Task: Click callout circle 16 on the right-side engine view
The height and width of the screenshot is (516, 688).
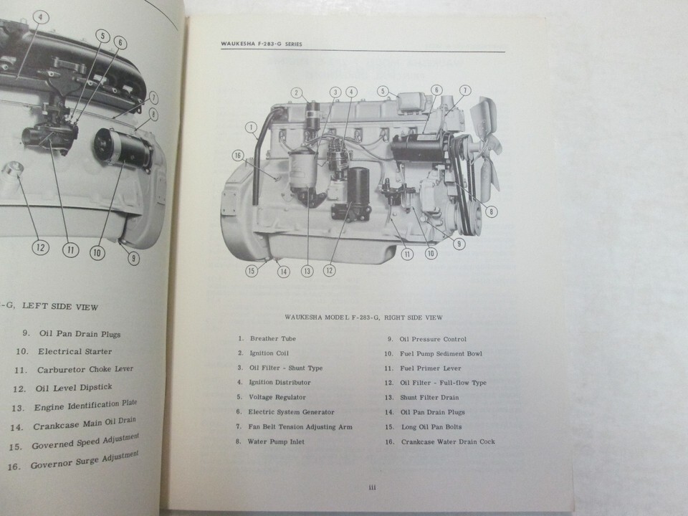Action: pos(238,156)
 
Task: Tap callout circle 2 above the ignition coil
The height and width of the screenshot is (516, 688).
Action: pos(297,92)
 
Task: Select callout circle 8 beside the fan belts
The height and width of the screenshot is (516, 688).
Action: pos(491,211)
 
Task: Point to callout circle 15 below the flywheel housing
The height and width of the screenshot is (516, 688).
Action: pos(252,271)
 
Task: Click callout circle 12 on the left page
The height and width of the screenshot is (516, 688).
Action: pos(40,247)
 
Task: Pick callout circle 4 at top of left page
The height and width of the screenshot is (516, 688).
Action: pos(41,17)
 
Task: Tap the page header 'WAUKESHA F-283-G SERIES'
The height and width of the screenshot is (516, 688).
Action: pos(262,44)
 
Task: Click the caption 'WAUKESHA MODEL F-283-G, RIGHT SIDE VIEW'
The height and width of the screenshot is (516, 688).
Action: pos(364,317)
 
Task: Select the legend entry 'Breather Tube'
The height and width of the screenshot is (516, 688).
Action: pos(273,338)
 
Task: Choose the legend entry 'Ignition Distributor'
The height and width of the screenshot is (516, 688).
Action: pos(280,382)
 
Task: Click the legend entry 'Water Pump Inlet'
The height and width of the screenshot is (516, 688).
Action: pos(276,441)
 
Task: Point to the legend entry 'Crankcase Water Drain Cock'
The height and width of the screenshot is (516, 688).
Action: pos(448,442)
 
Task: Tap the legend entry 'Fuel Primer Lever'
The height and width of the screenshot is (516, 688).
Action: pos(431,368)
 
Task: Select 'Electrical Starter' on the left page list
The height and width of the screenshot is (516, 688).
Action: pos(75,351)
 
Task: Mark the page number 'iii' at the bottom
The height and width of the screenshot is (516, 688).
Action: pos(373,487)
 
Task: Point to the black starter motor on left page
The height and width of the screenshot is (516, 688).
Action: pos(123,149)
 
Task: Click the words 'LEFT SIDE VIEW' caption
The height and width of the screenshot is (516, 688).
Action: pos(60,306)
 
